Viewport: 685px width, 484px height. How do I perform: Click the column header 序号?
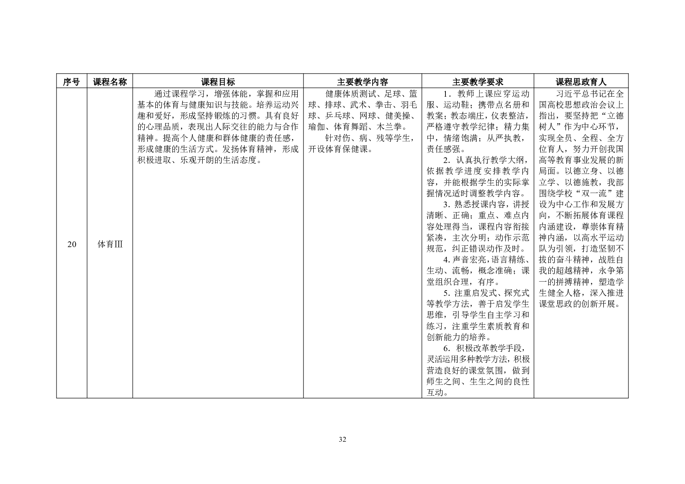point(72,82)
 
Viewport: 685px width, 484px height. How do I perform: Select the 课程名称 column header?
point(110,82)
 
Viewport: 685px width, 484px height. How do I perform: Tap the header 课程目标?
point(218,82)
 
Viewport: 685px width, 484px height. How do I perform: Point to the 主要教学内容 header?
point(362,82)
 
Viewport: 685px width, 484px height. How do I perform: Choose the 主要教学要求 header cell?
point(478,82)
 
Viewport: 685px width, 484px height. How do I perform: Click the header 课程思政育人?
point(581,82)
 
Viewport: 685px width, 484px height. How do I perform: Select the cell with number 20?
point(72,245)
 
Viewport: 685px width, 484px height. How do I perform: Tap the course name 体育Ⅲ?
point(110,245)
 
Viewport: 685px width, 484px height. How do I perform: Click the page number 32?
point(342,439)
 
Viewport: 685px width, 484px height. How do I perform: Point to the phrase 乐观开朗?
point(197,160)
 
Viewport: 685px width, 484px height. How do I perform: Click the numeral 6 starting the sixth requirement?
point(446,348)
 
